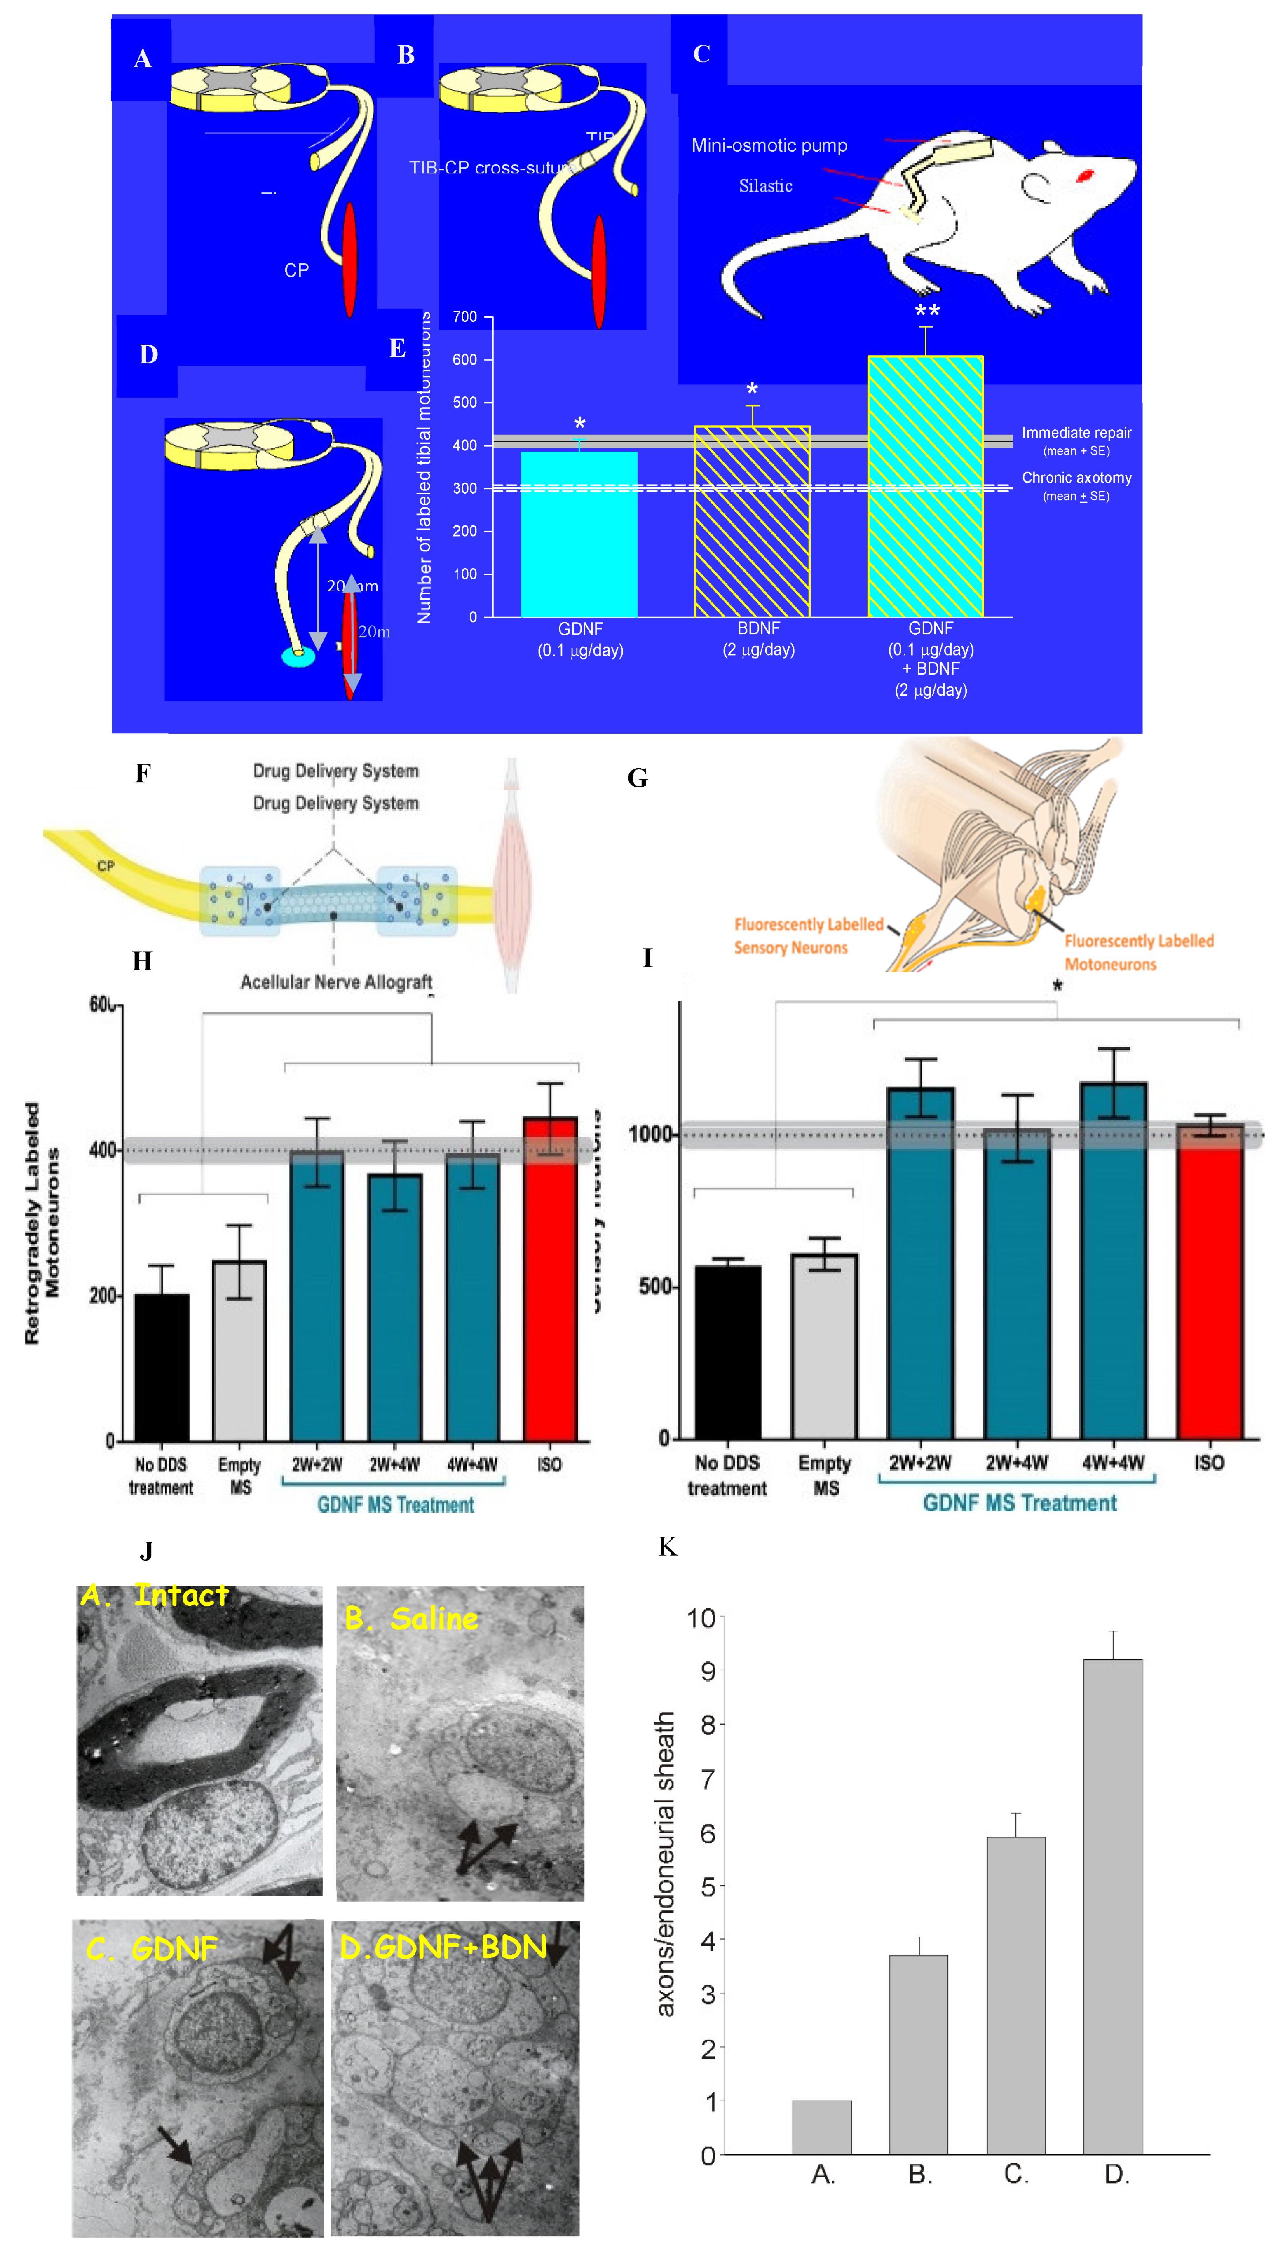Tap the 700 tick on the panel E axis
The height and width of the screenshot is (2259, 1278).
pyautogui.click(x=465, y=317)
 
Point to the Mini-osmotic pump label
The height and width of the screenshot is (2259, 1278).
pyautogui.click(x=769, y=146)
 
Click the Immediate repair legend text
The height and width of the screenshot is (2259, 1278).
pyautogui.click(x=1076, y=433)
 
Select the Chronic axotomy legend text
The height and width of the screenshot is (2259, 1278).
pyautogui.click(x=1076, y=478)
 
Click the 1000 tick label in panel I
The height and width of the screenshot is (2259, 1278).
pyautogui.click(x=650, y=1134)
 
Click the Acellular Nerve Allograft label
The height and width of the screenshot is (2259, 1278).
pyautogui.click(x=336, y=982)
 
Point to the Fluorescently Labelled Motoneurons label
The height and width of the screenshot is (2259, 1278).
pyautogui.click(x=1138, y=952)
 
